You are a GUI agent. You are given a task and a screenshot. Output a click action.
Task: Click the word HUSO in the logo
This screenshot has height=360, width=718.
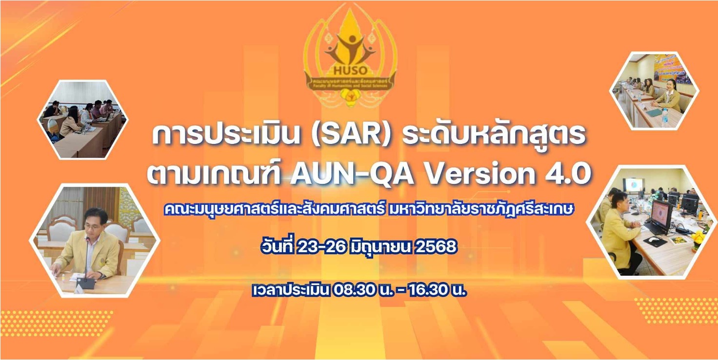pos(350,70)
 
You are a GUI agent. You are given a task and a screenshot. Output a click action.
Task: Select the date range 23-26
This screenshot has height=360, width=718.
pos(321,247)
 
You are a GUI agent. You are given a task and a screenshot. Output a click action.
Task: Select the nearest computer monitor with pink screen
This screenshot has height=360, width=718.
pos(661,215)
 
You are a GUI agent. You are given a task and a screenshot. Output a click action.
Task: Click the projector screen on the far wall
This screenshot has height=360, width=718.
pos(633,185)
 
